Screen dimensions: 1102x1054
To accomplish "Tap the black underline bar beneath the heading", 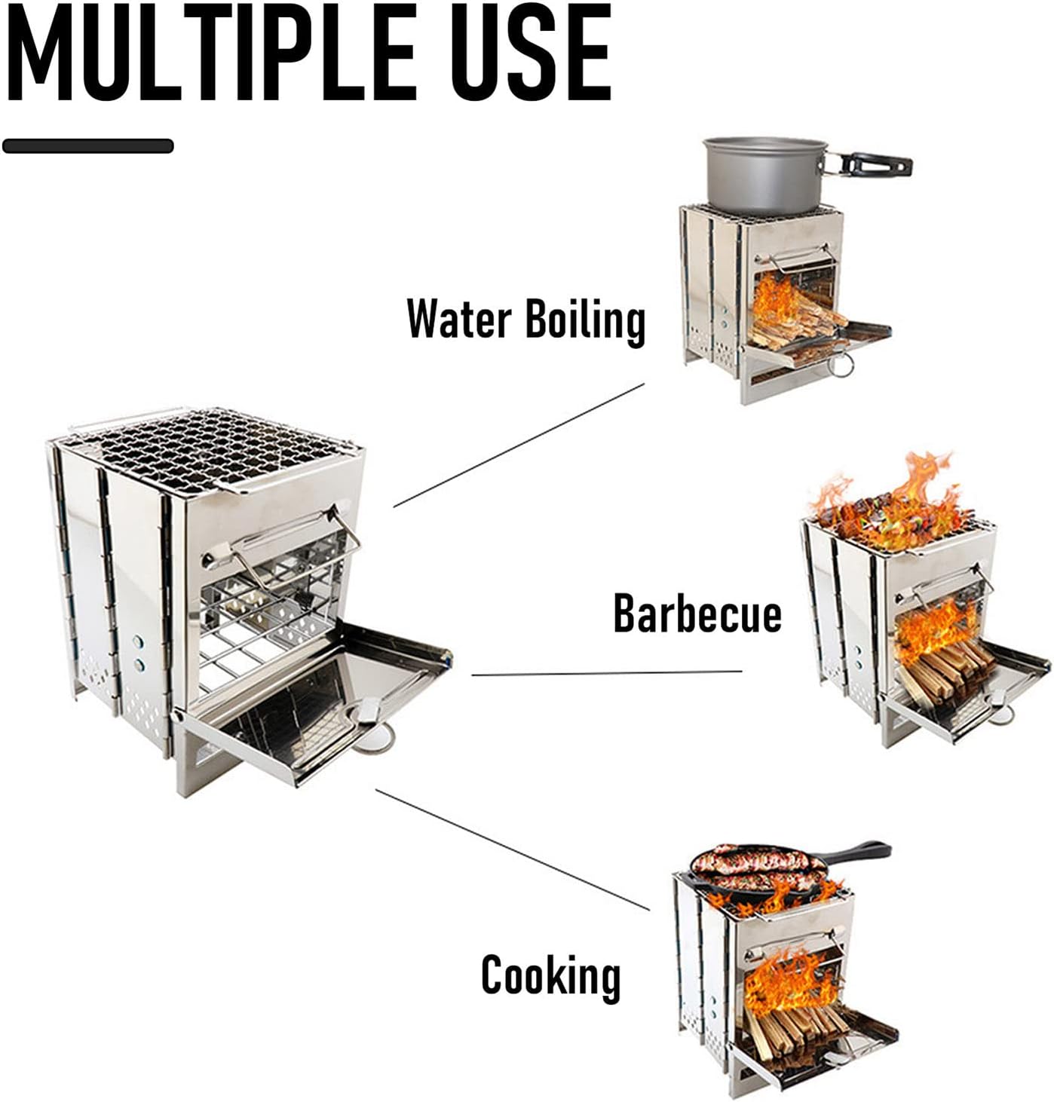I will (x=88, y=145).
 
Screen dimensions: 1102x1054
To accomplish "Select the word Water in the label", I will (x=459, y=319).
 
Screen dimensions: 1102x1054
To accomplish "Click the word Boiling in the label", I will (x=585, y=320).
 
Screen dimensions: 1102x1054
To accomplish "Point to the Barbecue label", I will (x=697, y=613).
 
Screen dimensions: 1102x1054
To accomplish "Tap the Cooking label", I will (x=550, y=975).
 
